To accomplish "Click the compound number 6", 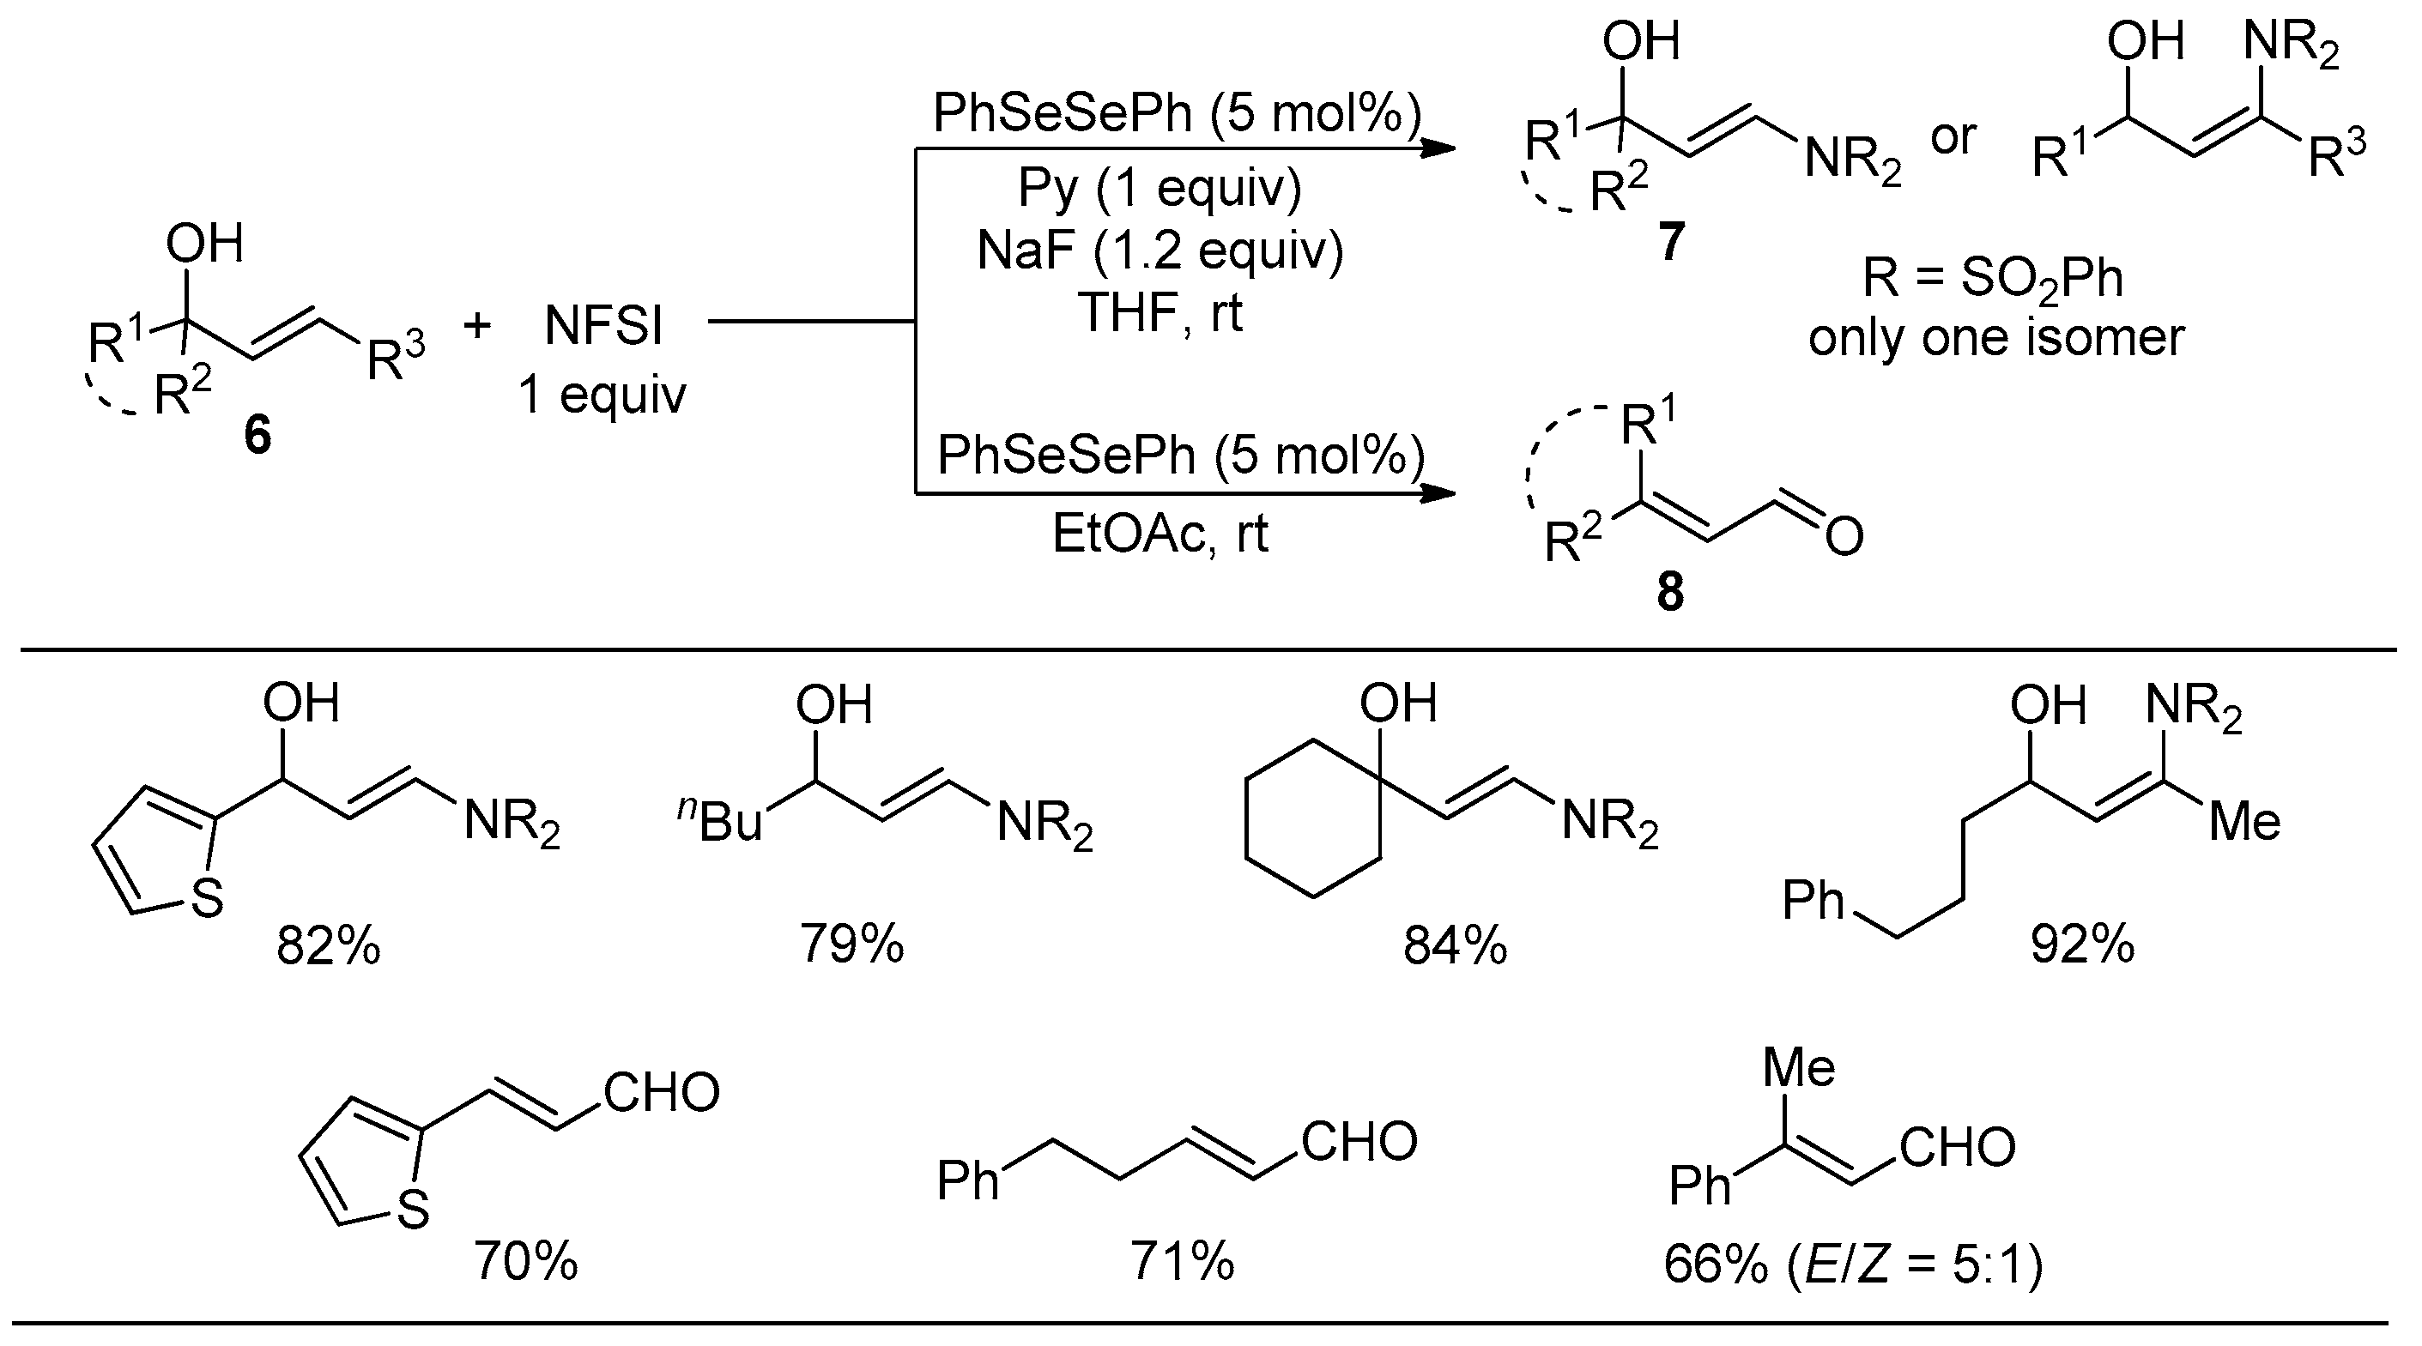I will pos(257,436).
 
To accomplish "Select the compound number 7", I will pos(1670,243).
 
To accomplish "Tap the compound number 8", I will pos(1670,592).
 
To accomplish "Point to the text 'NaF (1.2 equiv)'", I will pos(1160,251).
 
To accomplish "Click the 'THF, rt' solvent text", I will pos(1160,312).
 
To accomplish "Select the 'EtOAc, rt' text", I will pos(1160,534).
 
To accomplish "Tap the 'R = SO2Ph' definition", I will pos(1993,278).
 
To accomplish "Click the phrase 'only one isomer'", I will pos(1995,337).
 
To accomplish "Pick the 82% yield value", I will pos(328,945).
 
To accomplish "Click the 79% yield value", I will pos(852,944).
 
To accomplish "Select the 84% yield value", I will pos(1455,945).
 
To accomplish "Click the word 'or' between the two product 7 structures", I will pos(1953,137).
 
